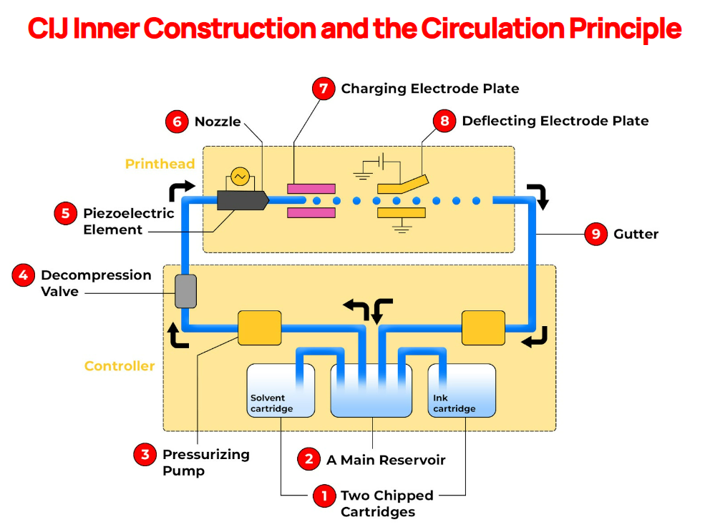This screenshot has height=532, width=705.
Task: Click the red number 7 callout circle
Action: (324, 89)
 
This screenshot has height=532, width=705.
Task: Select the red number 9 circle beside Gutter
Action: (595, 234)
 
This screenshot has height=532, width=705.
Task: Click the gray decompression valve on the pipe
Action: (185, 291)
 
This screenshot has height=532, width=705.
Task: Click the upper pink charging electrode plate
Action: (311, 189)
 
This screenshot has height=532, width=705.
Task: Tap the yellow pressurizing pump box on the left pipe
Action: (259, 327)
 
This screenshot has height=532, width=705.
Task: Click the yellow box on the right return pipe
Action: (483, 327)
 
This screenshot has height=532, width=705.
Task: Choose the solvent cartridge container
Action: (280, 391)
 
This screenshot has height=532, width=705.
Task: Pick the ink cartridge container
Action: (462, 391)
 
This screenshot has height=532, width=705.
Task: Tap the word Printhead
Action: (160, 164)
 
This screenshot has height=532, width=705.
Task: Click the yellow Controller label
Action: (120, 366)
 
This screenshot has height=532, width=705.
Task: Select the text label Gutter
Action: (636, 234)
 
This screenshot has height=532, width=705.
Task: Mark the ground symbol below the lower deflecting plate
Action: (402, 228)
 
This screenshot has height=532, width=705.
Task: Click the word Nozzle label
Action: (218, 122)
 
